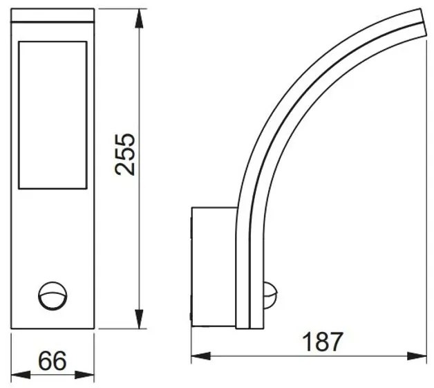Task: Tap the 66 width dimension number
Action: point(52,360)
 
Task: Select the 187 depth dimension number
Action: point(323,342)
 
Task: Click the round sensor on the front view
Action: point(50,294)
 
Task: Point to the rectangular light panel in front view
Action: point(53,115)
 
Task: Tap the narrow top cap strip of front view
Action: point(53,16)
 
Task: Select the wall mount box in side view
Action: point(213,266)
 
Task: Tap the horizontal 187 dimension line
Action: point(311,356)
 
